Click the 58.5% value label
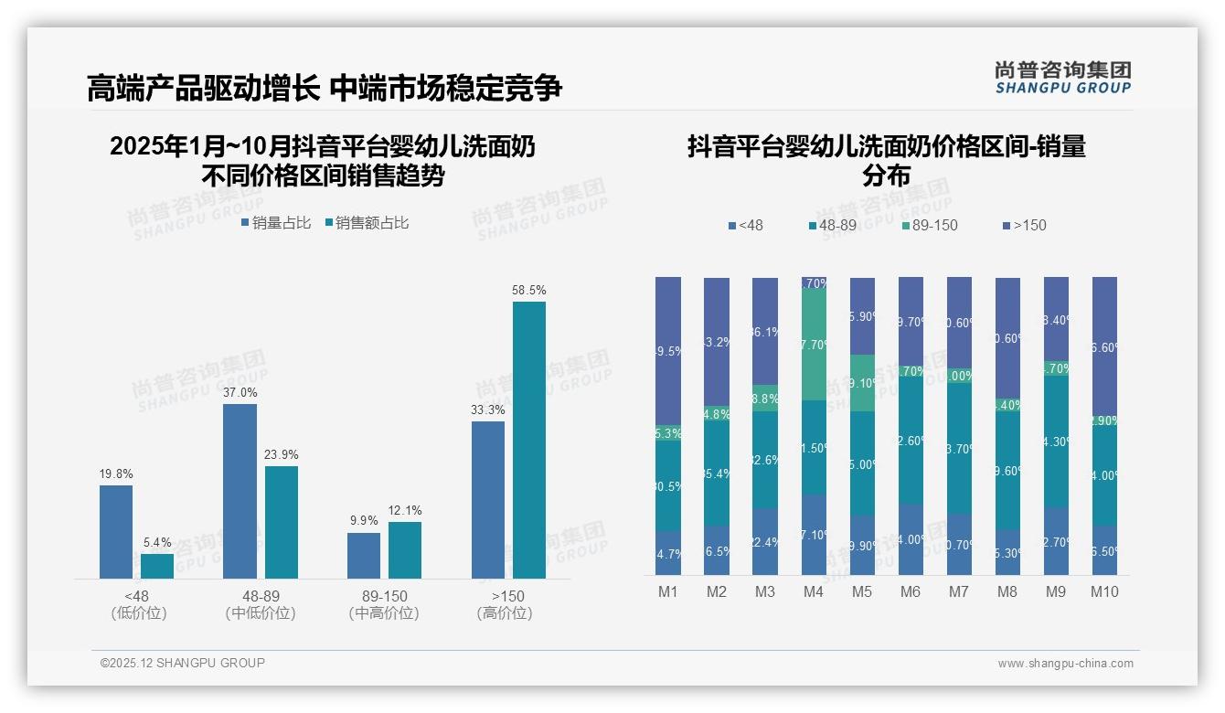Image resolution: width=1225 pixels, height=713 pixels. [x=529, y=291]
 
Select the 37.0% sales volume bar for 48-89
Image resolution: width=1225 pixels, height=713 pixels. [x=240, y=491]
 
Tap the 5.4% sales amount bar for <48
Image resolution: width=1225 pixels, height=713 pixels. [x=157, y=566]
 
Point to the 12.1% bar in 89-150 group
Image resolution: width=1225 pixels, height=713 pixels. [x=405, y=549]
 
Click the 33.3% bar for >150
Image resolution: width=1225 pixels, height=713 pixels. [x=488, y=499]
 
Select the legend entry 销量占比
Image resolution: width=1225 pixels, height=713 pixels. [x=276, y=223]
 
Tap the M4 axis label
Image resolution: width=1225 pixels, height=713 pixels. [x=814, y=592]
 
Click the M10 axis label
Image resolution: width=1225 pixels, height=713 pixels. [x=1104, y=592]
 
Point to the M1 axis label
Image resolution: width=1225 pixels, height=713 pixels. [x=668, y=592]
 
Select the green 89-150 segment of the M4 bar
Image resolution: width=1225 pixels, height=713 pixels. [x=814, y=345]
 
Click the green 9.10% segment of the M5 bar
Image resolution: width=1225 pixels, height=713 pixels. [x=862, y=383]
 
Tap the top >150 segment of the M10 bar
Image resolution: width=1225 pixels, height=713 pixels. [x=1104, y=347]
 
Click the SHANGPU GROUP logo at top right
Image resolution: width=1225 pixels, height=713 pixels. [x=1062, y=78]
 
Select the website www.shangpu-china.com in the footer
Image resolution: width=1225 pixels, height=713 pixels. [x=1065, y=664]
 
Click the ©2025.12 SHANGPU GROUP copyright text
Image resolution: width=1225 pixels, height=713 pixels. [x=183, y=663]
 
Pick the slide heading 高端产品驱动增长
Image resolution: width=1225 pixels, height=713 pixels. [x=203, y=88]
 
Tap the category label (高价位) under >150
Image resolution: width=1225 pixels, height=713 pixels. [x=505, y=613]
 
